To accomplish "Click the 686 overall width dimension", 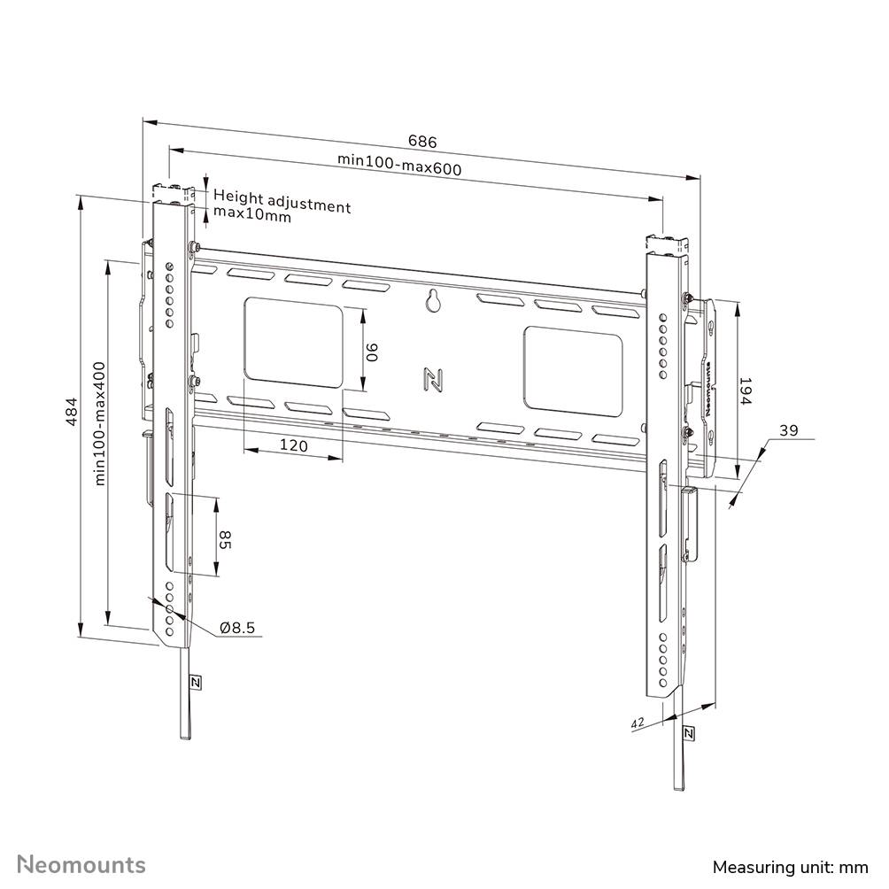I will point(422,142).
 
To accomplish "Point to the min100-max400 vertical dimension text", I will point(100,422).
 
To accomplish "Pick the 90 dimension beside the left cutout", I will point(373,352).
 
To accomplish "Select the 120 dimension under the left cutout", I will point(293,446).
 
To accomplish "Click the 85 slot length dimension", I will point(225,539).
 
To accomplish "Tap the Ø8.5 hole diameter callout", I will point(237,628).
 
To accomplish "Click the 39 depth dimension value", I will point(788,431).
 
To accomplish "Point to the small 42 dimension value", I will point(637,723).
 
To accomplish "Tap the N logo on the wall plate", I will point(433,379).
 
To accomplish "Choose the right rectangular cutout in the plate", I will point(572,369).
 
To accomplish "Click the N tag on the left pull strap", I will point(195,682).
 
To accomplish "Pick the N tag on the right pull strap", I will point(689,733).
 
